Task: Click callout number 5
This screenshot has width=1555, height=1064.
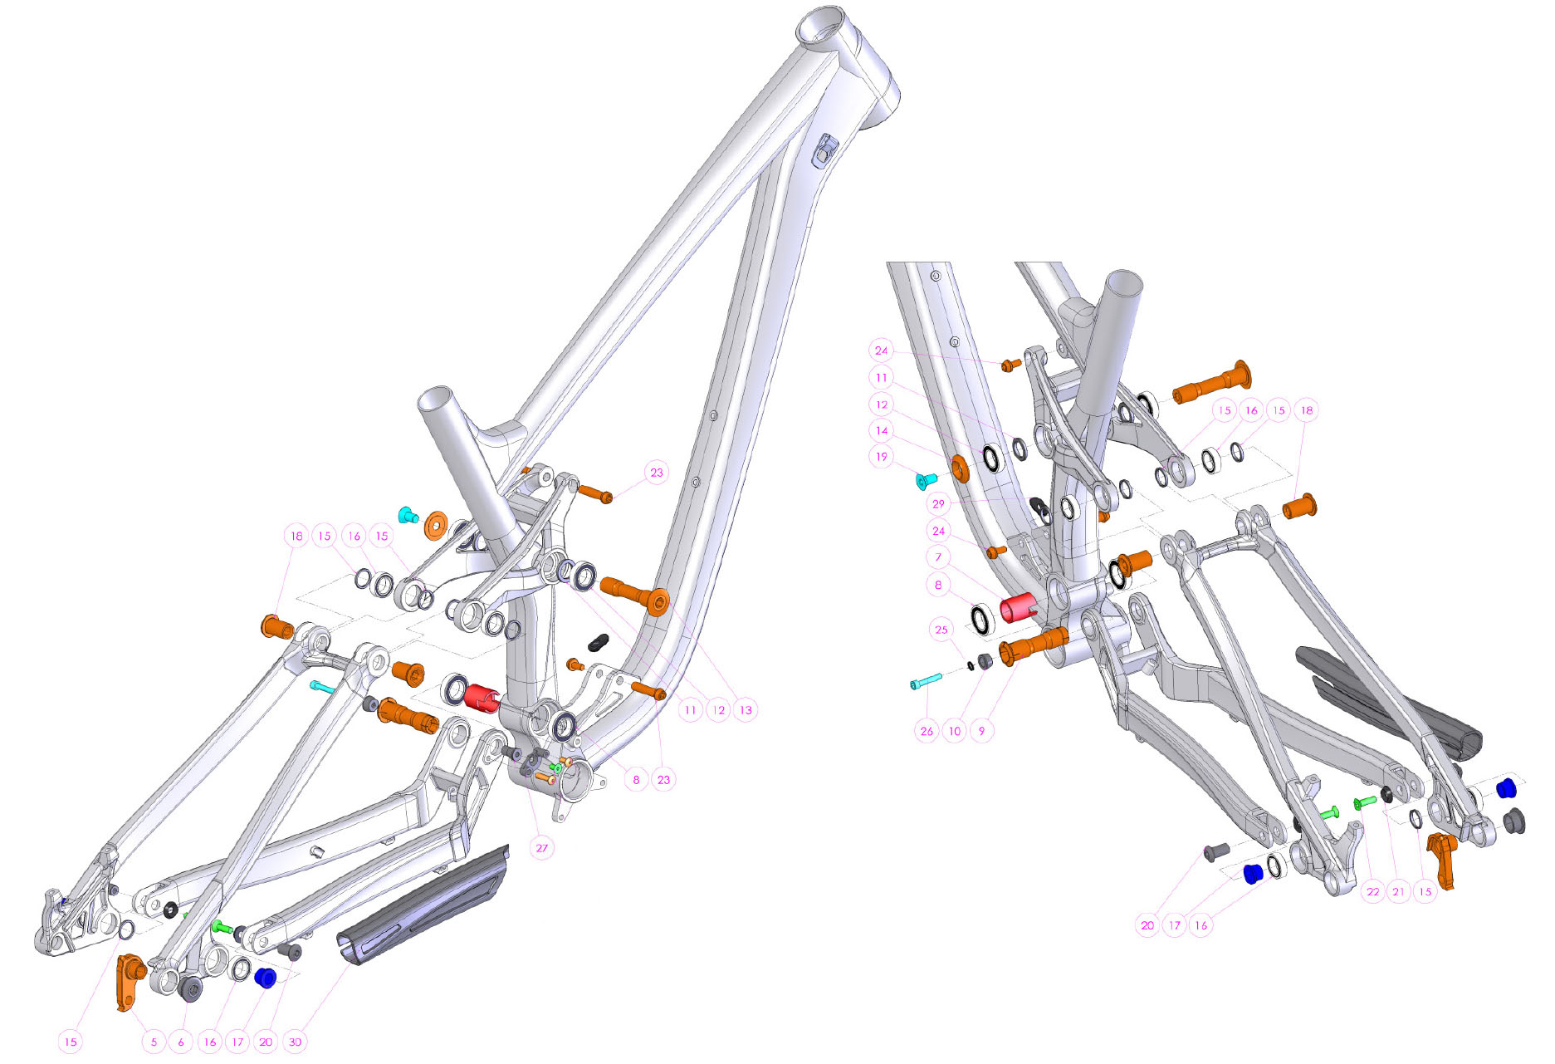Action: (x=154, y=1042)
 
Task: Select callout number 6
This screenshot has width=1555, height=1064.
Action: (x=181, y=1042)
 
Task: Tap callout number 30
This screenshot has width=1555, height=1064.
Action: (x=295, y=1042)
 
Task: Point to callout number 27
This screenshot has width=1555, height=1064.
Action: (x=541, y=848)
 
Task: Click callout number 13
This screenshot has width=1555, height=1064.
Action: (x=746, y=709)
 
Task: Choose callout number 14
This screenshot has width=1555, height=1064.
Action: (x=882, y=430)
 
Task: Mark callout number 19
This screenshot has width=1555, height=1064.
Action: (x=882, y=457)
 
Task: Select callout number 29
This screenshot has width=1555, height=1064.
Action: (x=938, y=503)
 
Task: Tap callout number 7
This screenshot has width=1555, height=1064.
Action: (x=938, y=557)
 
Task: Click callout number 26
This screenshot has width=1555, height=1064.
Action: (x=927, y=731)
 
